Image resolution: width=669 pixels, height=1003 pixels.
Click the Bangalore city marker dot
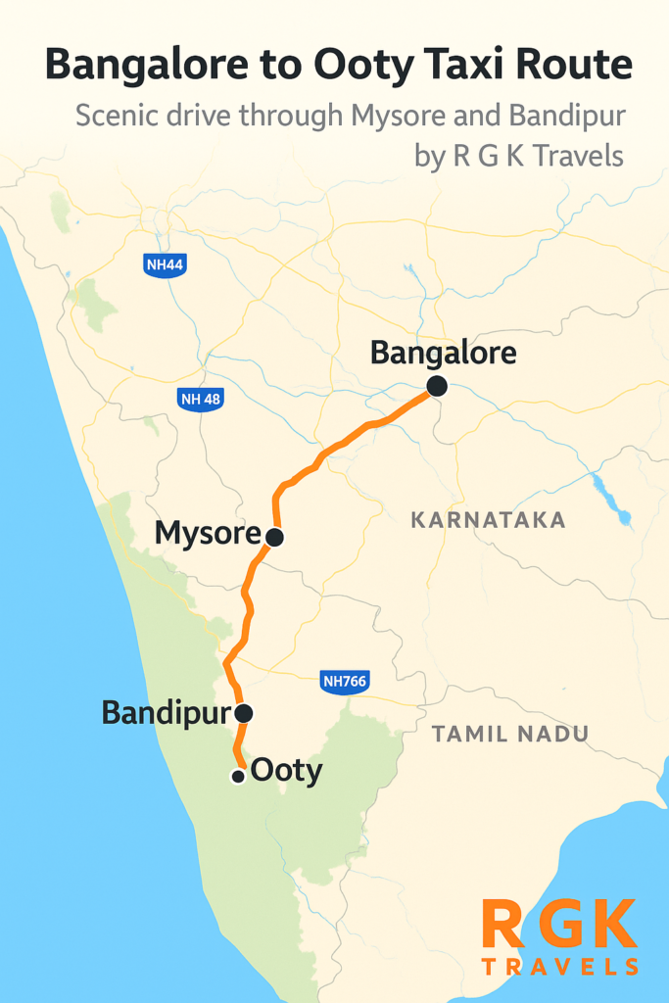click(x=437, y=387)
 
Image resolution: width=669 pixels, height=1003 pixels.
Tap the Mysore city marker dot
click(x=274, y=537)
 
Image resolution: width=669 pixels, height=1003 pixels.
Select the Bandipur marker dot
click(x=244, y=713)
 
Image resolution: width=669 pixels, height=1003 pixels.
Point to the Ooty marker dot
click(x=237, y=777)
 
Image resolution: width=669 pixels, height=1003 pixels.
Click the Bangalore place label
click(x=443, y=353)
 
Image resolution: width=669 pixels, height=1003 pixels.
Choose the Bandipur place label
click(x=165, y=713)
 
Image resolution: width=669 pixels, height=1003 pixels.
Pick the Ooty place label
click(x=286, y=771)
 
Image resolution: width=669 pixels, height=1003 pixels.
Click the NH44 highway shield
click(x=164, y=264)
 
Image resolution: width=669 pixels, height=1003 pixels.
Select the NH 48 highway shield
click(x=202, y=399)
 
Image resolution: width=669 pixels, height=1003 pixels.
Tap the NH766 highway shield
click(x=344, y=682)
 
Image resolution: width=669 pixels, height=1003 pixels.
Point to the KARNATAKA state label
click(x=489, y=520)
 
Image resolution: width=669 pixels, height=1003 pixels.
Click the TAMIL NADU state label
click(x=510, y=734)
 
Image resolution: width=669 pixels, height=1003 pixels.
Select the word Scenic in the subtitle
click(x=119, y=118)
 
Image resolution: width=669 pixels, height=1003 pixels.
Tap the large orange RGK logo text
click(x=560, y=924)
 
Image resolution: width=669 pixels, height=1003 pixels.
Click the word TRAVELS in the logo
click(x=560, y=967)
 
